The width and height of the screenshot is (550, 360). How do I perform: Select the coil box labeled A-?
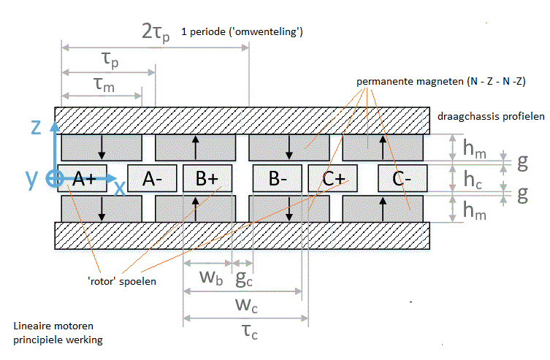pyautogui.click(x=153, y=178)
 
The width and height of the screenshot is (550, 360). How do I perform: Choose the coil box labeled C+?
pyautogui.click(x=332, y=178)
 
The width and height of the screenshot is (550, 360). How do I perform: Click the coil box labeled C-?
pyautogui.click(x=402, y=178)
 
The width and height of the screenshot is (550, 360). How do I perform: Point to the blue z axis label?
pyautogui.click(x=36, y=127)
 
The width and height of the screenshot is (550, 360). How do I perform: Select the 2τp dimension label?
pyautogui.click(x=156, y=33)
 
